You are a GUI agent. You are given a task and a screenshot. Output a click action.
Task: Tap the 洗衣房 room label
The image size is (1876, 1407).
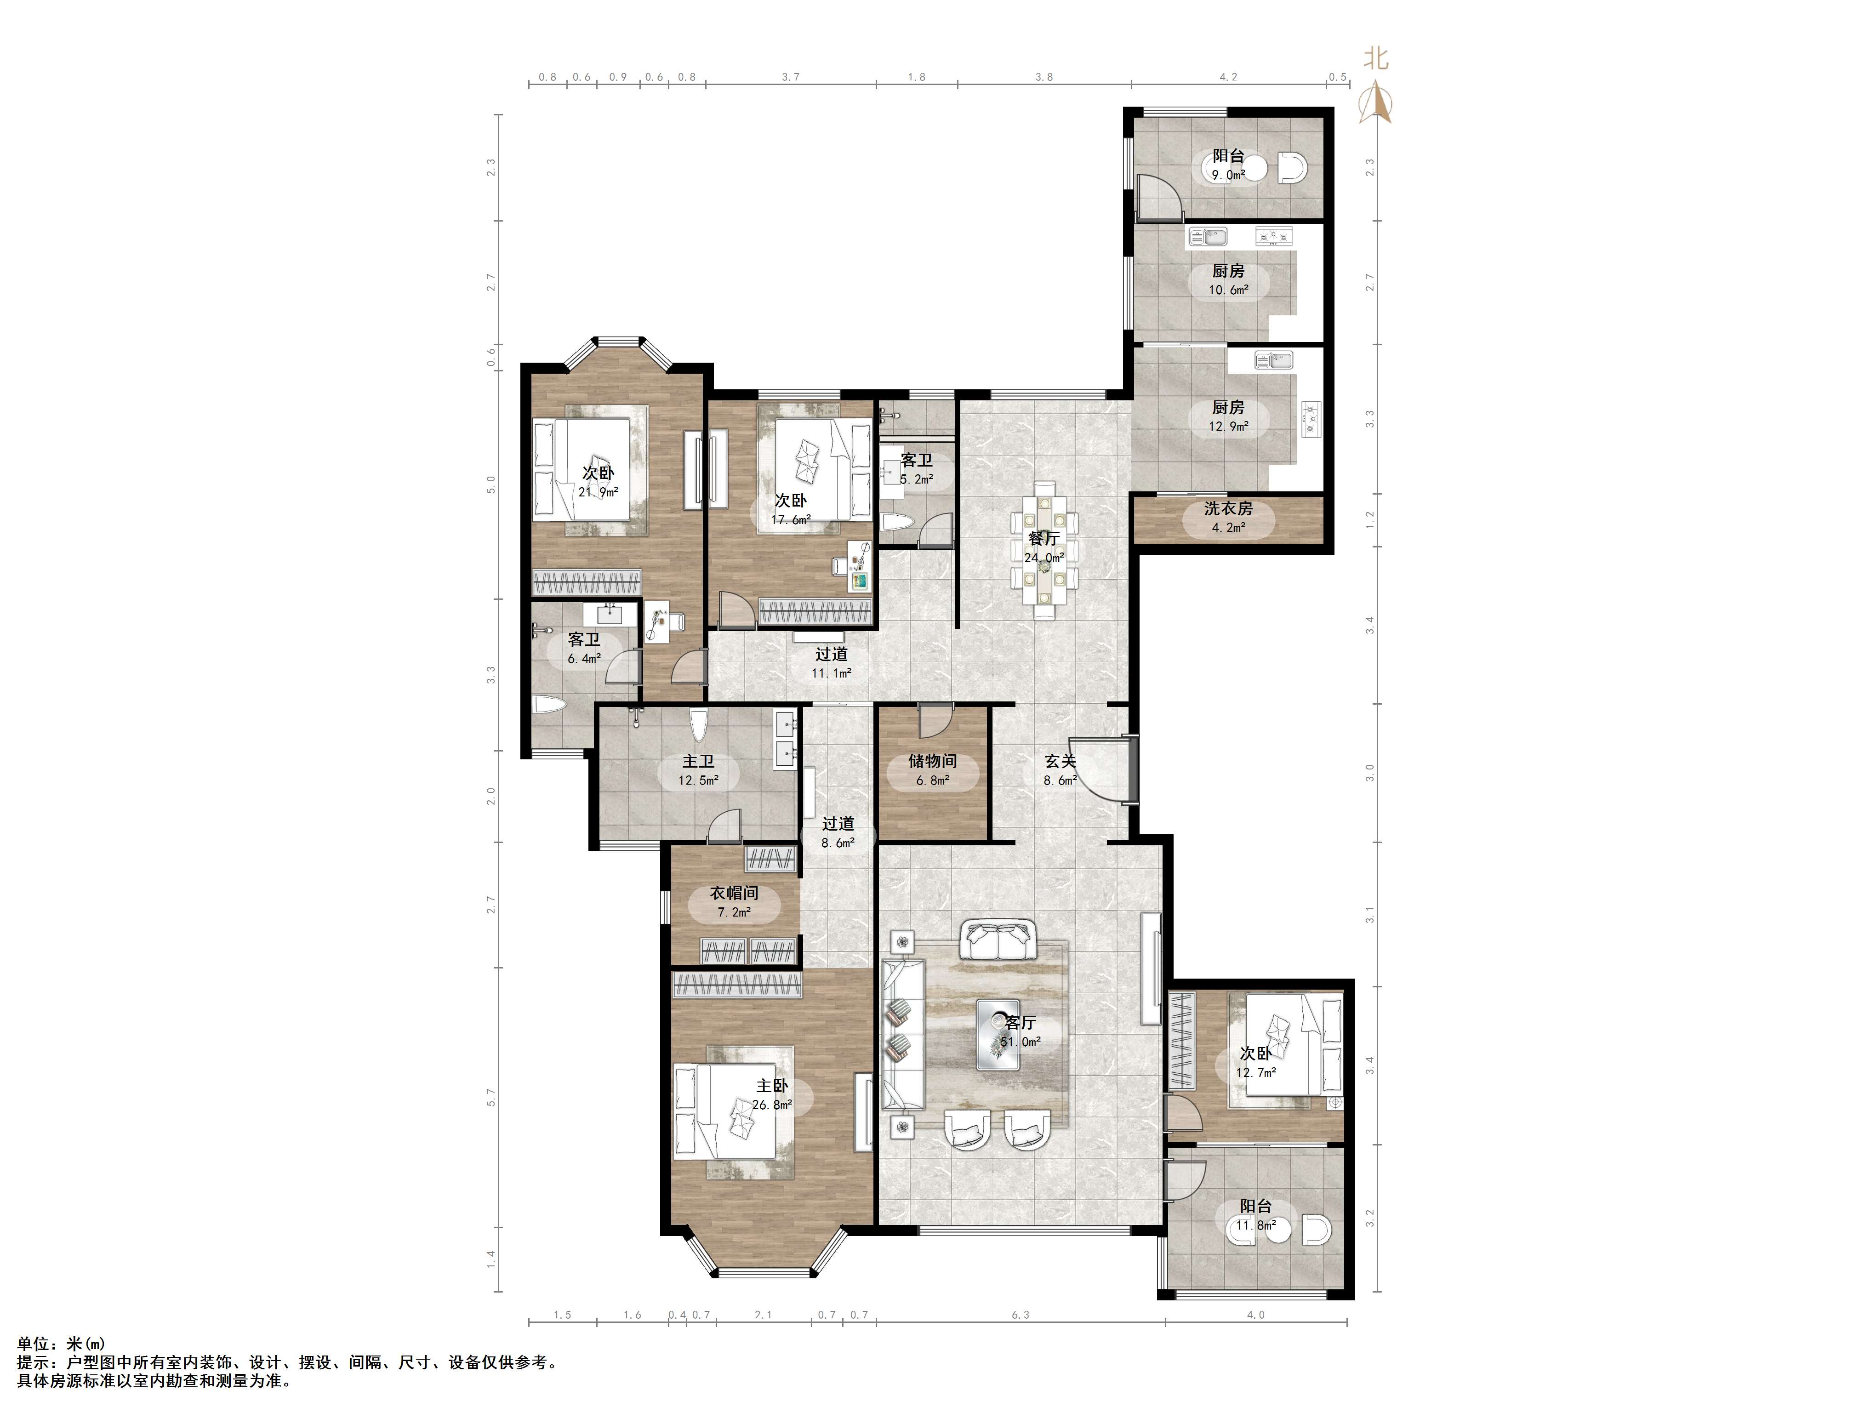pyautogui.click(x=1228, y=509)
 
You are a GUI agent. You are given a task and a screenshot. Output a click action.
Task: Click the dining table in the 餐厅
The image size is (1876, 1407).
pyautogui.click(x=1045, y=551)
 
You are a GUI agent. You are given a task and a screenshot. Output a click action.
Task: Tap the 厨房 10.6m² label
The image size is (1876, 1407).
pyautogui.click(x=1228, y=280)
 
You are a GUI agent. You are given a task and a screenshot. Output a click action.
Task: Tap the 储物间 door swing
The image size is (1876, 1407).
pyautogui.click(x=936, y=721)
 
